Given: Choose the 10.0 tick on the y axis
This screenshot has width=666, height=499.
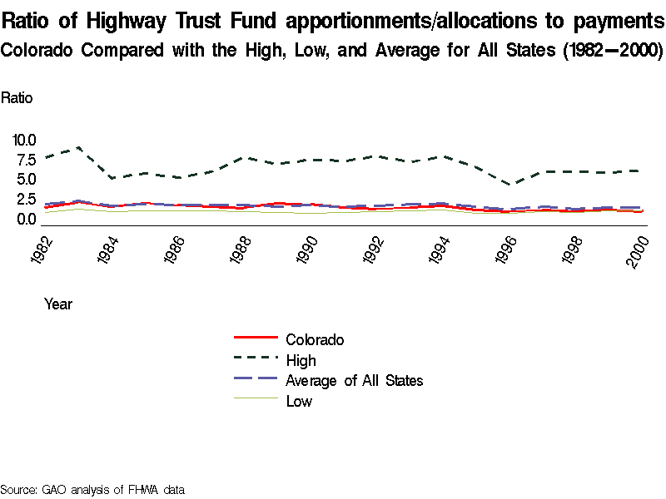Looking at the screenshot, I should [x=24, y=140].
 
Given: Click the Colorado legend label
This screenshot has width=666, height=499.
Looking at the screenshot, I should [x=314, y=339].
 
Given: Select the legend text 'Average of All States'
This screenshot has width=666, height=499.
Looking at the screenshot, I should [x=354, y=381].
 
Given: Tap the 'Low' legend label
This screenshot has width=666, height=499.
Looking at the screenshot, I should [x=299, y=402].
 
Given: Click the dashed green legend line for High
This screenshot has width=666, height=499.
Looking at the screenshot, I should [x=256, y=360].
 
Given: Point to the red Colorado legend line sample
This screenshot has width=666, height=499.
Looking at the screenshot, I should [x=256, y=338].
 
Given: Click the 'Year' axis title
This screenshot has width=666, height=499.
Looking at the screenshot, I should [x=58, y=304].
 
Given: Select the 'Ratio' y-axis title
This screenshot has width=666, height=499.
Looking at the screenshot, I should [x=17, y=98].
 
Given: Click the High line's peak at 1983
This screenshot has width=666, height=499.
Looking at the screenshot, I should [x=78, y=147].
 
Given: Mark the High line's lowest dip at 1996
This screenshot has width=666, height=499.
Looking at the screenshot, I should [x=513, y=185].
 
